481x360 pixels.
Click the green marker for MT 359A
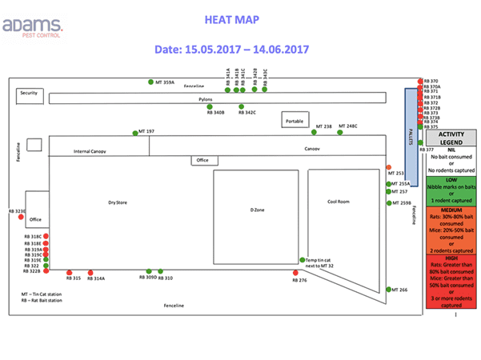coord(150,82)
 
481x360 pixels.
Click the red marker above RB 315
coord(69,272)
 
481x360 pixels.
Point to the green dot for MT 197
coord(135,132)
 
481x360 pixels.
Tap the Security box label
coord(29,94)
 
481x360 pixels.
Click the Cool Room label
coord(339,202)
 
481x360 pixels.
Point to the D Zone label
coord(258,209)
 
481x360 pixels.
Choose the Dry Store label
coord(118,202)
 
